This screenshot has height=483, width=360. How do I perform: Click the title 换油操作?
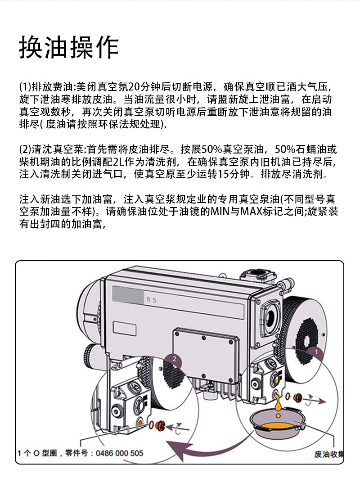coord(69,47)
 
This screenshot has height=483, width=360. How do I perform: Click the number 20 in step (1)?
coord(134,87)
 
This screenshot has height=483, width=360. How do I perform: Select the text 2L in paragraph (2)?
coord(119,162)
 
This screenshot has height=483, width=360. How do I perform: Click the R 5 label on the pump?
coord(151,299)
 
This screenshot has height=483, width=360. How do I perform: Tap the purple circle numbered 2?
coord(175,359)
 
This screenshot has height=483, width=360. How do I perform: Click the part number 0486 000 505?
coord(120,453)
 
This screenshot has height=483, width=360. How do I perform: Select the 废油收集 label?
coord(329,454)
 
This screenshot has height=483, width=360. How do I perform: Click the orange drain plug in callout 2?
coord(161,426)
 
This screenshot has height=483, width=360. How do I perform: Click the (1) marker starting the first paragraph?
coord(25,87)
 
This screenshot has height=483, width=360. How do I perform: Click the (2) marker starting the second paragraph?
coord(25,150)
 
